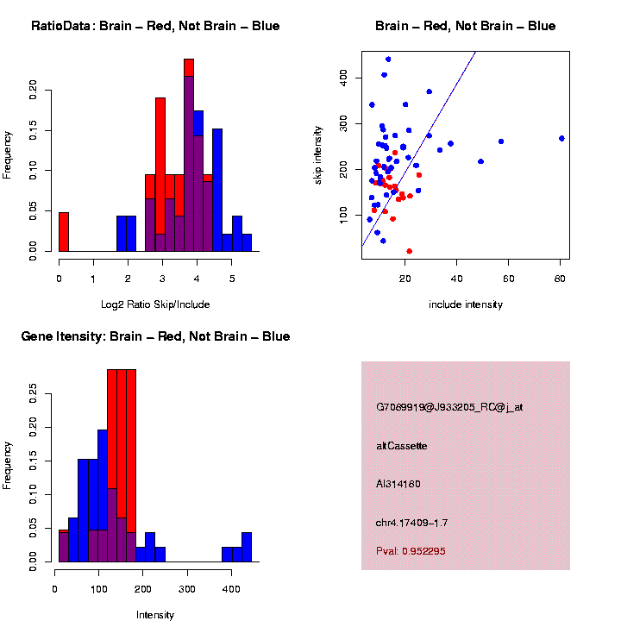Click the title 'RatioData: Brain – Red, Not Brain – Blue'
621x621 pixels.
(155, 26)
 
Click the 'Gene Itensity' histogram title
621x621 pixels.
(155, 336)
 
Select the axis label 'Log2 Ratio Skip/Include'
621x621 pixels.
(155, 304)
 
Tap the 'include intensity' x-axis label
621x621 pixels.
(466, 304)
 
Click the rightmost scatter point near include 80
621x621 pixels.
(561, 138)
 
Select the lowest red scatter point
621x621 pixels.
(409, 251)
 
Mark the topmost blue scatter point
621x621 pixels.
(388, 60)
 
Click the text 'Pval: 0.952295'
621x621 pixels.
(411, 551)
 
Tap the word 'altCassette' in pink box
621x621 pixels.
(402, 446)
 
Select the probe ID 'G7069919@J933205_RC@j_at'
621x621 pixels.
(449, 407)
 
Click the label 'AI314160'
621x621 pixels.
(398, 484)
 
